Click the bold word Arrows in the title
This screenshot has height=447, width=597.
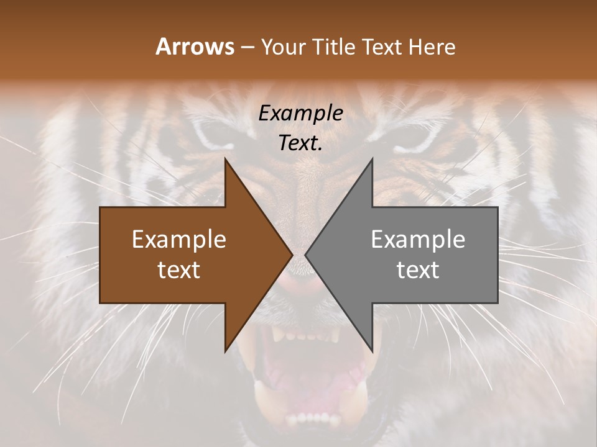195,47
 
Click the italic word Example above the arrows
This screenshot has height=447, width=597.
301,114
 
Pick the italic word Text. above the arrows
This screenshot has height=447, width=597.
301,143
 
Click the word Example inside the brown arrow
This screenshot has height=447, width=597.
179,240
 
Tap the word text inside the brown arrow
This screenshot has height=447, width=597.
179,270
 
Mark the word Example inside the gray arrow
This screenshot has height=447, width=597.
418,240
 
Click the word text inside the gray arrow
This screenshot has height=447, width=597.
418,270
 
